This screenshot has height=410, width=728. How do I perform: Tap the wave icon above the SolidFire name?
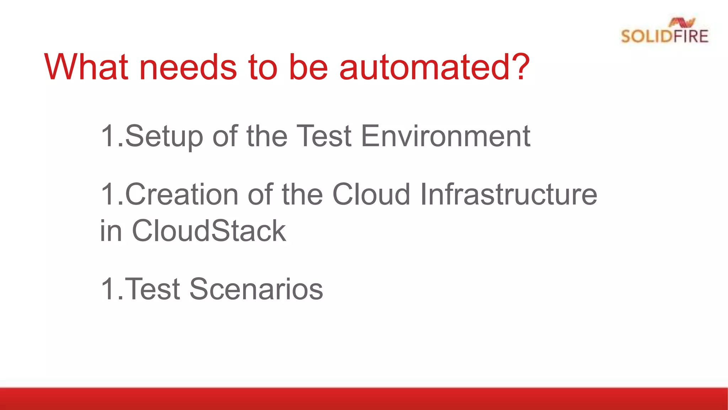[x=682, y=22]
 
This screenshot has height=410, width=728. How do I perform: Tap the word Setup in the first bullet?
[x=164, y=136]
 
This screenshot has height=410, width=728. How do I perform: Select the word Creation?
[x=182, y=194]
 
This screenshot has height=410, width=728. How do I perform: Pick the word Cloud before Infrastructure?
[x=371, y=194]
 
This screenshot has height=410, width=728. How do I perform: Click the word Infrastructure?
[x=508, y=194]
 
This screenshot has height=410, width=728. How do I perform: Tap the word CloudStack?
[x=209, y=231]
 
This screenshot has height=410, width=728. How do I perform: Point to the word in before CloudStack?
[x=111, y=231]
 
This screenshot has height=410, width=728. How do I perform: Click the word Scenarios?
[x=256, y=289]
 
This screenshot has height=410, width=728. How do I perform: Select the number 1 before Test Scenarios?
[x=108, y=289]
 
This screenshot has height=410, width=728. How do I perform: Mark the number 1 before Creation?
[x=108, y=194]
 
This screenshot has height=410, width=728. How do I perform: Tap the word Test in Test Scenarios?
[x=153, y=289]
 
